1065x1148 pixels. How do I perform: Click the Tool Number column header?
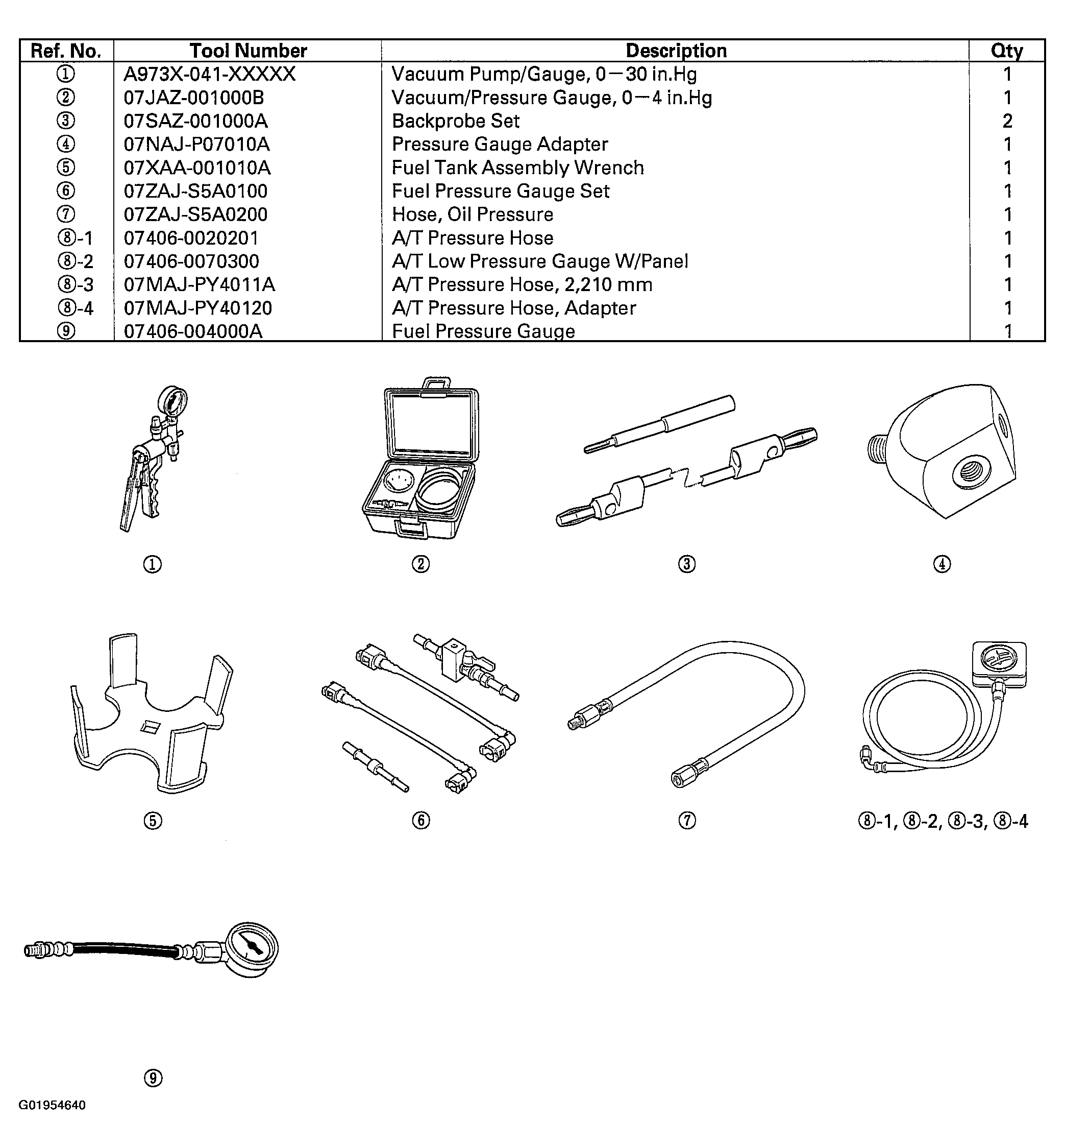point(248,51)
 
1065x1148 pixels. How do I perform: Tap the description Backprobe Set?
point(455,121)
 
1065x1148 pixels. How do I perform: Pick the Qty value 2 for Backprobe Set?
point(1007,121)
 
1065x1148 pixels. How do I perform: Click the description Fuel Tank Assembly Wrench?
point(517,168)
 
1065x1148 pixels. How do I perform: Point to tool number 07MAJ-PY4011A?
point(200,285)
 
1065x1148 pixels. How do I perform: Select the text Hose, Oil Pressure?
point(472,214)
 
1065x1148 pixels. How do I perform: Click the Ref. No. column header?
point(66,51)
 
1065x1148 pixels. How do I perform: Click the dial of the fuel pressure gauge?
point(252,948)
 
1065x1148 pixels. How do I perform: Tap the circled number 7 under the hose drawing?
point(687,821)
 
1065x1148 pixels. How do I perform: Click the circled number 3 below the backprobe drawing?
point(686,564)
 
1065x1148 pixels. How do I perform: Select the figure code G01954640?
point(52,1105)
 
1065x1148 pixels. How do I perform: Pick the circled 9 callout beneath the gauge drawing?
point(153,1078)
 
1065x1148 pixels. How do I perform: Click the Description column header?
point(676,51)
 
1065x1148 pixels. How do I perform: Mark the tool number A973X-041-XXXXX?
point(209,75)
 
